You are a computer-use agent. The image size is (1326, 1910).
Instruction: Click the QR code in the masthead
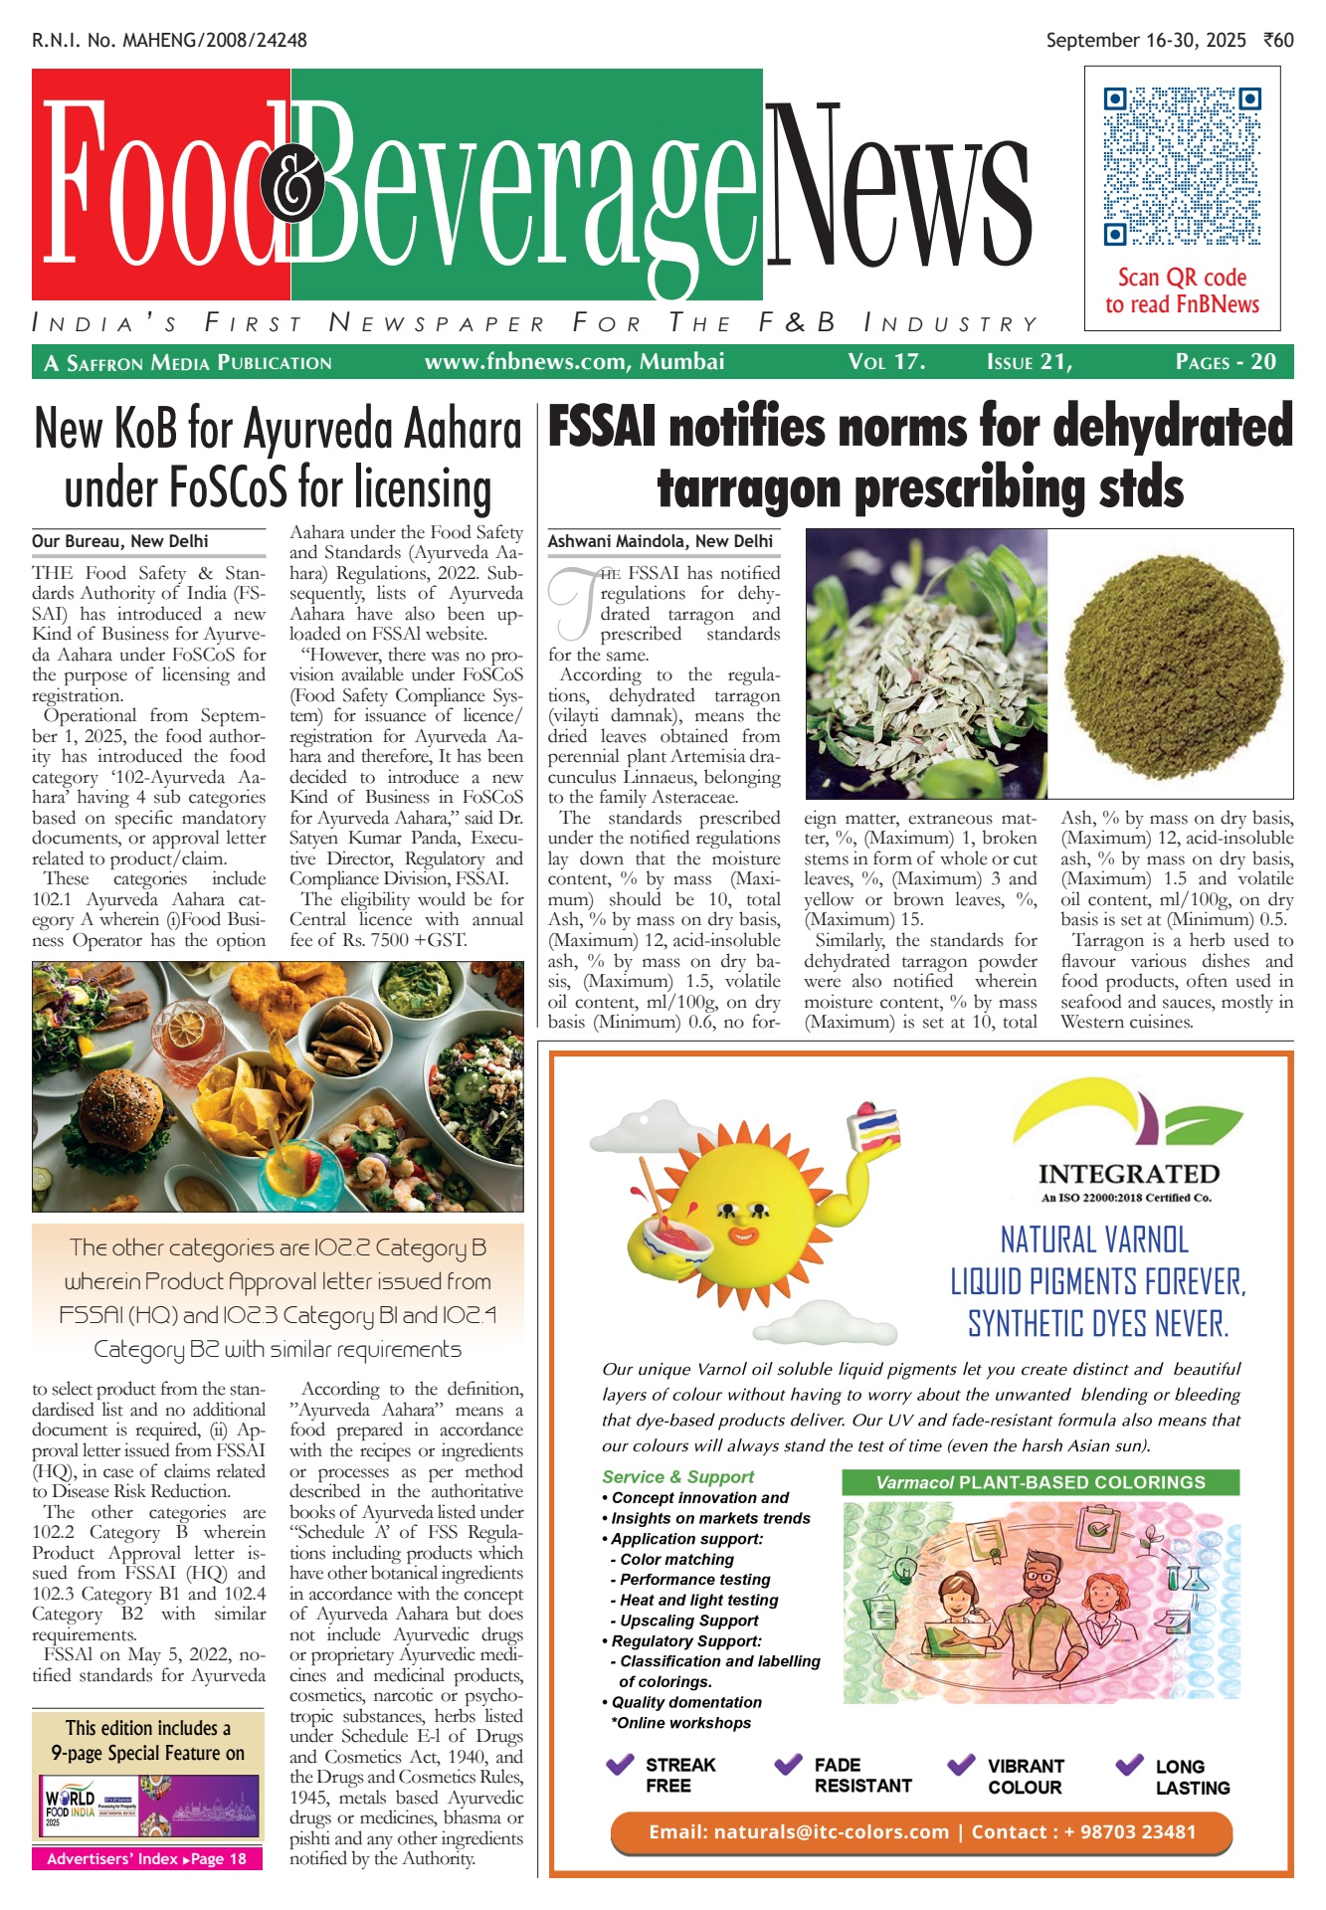tap(1182, 166)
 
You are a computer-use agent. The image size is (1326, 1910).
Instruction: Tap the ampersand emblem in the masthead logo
tap(292, 186)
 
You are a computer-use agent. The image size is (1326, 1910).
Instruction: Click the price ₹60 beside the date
tap(1278, 41)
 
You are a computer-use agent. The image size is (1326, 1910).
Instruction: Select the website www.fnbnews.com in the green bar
tap(527, 362)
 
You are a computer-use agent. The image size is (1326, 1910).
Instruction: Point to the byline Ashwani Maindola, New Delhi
tap(660, 541)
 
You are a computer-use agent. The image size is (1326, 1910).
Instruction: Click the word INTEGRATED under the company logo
tap(1128, 1174)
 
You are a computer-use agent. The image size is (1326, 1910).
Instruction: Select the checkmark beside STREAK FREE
tap(620, 1765)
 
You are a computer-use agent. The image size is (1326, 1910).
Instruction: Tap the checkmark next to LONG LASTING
tap(1129, 1765)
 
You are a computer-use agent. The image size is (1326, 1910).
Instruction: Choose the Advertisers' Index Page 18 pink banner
tap(147, 1858)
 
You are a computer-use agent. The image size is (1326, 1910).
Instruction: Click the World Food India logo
tap(71, 1805)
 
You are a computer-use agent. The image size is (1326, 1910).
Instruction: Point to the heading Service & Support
tap(677, 1477)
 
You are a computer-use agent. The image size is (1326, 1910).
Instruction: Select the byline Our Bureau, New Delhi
tap(120, 541)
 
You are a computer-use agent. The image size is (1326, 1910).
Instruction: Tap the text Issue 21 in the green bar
tap(1029, 362)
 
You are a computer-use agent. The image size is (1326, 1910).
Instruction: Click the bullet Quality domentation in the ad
tap(685, 1702)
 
